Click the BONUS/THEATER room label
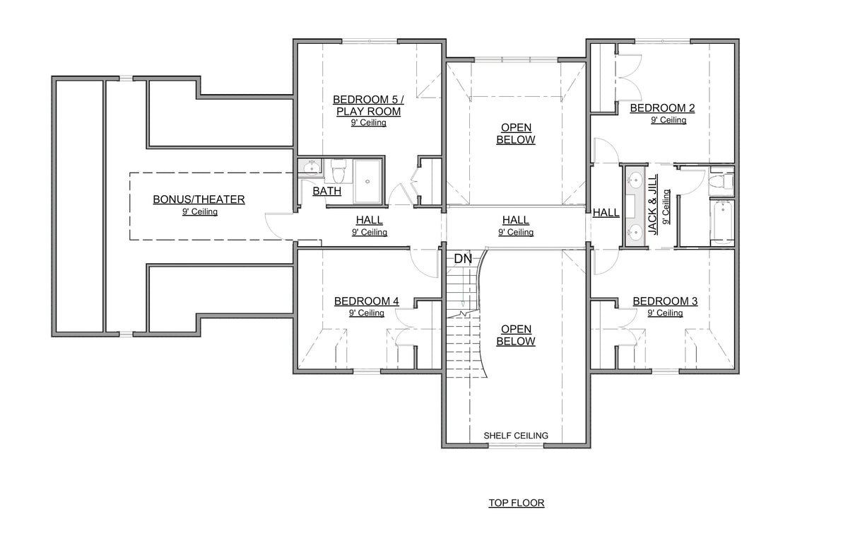[199, 199]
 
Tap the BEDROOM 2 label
[662, 108]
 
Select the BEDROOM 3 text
[665, 301]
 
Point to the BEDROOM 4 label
[366, 301]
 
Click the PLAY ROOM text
[367, 112]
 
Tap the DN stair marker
[463, 259]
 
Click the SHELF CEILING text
[515, 436]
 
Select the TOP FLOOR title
[516, 504]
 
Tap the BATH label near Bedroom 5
[327, 191]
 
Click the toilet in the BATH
[338, 168]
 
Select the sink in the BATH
[310, 167]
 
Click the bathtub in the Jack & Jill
[722, 222]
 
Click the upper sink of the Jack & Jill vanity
[634, 178]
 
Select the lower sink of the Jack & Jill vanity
[634, 231]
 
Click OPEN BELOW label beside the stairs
[515, 335]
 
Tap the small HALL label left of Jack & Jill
[606, 212]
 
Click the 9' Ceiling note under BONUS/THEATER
[199, 211]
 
